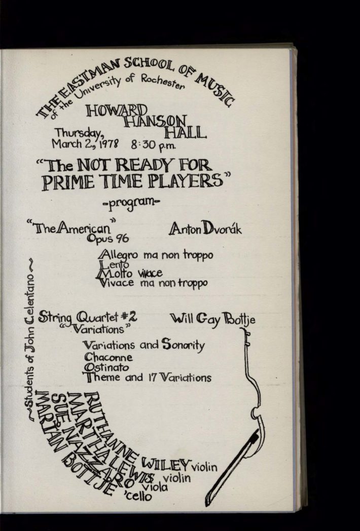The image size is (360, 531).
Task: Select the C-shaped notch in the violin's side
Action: tap(254, 412)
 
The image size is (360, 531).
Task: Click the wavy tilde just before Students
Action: tap(31, 416)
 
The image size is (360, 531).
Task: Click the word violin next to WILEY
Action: tap(204, 467)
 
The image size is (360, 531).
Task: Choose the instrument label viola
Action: tap(155, 486)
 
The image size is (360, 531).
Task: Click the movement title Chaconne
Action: tap(108, 357)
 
